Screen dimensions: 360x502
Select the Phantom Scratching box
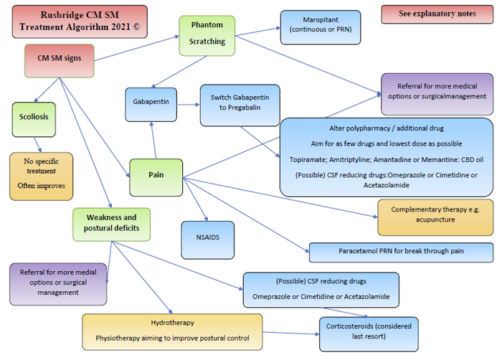pyautogui.click(x=207, y=34)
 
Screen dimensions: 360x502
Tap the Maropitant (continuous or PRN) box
pyautogui.click(x=320, y=27)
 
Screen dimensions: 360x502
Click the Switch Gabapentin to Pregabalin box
pyautogui.click(x=240, y=103)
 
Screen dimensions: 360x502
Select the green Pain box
pyautogui.click(x=156, y=176)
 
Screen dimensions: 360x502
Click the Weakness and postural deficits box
pyautogui.click(x=111, y=224)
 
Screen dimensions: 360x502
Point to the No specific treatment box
pyautogui.click(x=42, y=176)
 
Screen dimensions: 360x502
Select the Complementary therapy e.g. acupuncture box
pyautogui.click(x=435, y=217)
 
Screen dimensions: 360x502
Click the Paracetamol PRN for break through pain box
pyautogui.click(x=401, y=252)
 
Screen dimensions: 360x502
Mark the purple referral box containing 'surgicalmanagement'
pyautogui.click(x=436, y=93)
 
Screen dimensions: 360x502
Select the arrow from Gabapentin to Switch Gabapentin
pyautogui.click(x=188, y=104)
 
